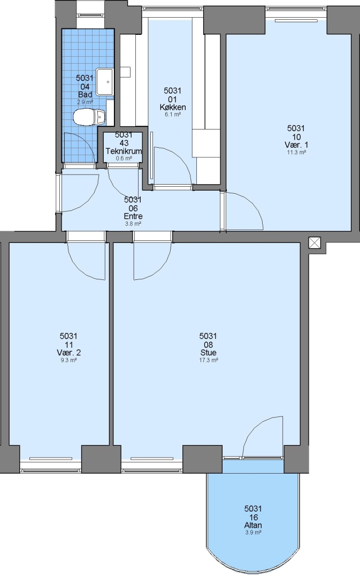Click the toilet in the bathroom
(x=89, y=117)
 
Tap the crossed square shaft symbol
(x=315, y=243)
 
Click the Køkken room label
(x=172, y=107)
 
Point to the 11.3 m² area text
(x=296, y=152)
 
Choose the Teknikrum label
(x=124, y=151)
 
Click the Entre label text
(x=133, y=216)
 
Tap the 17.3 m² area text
(x=209, y=360)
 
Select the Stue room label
(x=208, y=352)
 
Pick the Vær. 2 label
(x=68, y=352)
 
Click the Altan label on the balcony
(x=253, y=526)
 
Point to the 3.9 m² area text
(x=253, y=533)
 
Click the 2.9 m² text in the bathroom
(x=85, y=102)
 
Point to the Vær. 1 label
(x=296, y=144)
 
